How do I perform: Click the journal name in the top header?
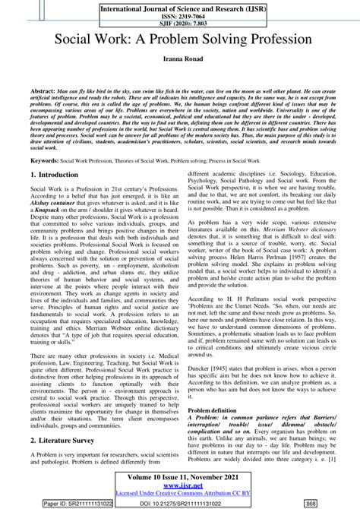coord(179,6)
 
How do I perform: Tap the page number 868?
coord(331,502)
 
